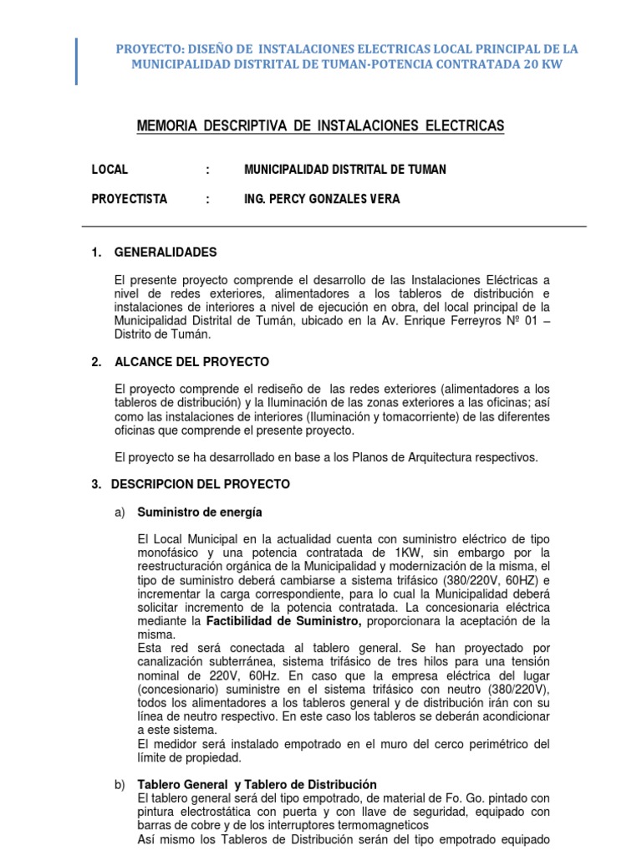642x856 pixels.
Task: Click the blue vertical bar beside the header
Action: pyautogui.click(x=77, y=61)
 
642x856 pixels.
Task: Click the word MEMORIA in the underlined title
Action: pyautogui.click(x=166, y=126)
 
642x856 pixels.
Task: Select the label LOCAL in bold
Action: pyautogui.click(x=110, y=170)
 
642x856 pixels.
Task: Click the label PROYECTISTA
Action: pyautogui.click(x=130, y=199)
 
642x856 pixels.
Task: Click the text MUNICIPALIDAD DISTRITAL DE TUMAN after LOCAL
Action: pyautogui.click(x=344, y=170)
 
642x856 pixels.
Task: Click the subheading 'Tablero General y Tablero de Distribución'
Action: pyautogui.click(x=257, y=784)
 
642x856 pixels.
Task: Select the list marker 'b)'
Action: pyautogui.click(x=119, y=784)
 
